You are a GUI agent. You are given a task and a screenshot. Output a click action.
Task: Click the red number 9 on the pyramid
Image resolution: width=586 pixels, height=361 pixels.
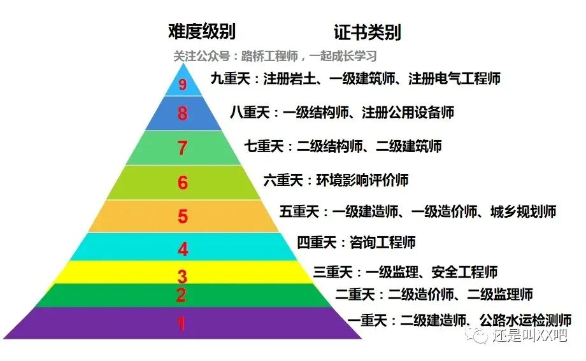tap(183, 85)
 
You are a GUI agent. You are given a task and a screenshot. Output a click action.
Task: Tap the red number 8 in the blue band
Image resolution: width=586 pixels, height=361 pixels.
tap(183, 114)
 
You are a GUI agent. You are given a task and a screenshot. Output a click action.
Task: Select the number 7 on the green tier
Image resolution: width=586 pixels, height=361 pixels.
tap(183, 148)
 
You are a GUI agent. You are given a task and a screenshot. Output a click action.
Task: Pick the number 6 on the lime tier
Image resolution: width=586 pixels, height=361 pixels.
tap(183, 183)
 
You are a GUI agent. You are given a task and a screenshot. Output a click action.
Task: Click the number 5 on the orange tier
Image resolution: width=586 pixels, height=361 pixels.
tap(183, 216)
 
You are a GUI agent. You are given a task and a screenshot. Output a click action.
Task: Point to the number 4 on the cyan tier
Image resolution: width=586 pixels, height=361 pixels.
tap(183, 249)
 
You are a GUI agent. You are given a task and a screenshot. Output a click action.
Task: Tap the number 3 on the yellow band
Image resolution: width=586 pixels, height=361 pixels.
tap(182, 276)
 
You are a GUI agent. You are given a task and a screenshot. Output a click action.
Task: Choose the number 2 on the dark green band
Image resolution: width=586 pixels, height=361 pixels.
tap(182, 295)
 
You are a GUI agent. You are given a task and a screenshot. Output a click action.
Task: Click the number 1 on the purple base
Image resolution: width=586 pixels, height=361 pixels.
tap(182, 324)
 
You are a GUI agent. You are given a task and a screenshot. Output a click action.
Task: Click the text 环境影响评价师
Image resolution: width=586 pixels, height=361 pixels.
tap(362, 180)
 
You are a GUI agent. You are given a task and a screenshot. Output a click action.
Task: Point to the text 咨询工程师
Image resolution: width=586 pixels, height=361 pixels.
tap(382, 243)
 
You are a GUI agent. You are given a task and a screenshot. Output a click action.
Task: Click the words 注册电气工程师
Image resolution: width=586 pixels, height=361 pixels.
tap(454, 79)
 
